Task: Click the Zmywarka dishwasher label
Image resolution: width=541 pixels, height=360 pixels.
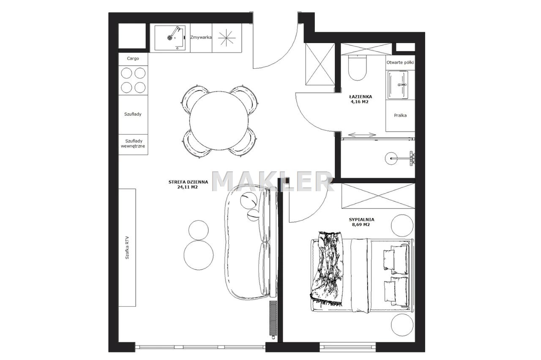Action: click(x=201, y=38)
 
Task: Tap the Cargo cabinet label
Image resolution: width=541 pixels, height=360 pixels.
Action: click(x=133, y=58)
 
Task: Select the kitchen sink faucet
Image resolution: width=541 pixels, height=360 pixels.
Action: click(x=175, y=33)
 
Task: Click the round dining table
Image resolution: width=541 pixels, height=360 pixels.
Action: click(x=219, y=121)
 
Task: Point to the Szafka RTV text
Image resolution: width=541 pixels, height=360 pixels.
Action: click(x=127, y=248)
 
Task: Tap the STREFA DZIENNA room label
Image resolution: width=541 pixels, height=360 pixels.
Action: click(x=188, y=182)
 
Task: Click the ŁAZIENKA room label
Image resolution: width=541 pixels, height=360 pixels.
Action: click(x=361, y=97)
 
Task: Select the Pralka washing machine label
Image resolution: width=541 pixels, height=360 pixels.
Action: click(x=400, y=115)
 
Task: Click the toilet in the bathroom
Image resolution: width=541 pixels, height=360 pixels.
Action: click(x=358, y=68)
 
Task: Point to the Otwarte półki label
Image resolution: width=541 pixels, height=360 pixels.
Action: click(x=400, y=62)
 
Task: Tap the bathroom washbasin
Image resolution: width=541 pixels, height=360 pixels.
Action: click(x=398, y=85)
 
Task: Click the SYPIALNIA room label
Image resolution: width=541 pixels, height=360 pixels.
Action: click(x=361, y=219)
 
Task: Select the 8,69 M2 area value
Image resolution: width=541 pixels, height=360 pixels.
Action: click(x=360, y=225)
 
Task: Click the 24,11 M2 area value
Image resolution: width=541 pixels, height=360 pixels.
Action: click(x=187, y=187)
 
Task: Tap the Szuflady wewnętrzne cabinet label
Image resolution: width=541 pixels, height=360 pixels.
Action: click(x=133, y=143)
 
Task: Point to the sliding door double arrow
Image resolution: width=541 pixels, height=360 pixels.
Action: click(x=362, y=135)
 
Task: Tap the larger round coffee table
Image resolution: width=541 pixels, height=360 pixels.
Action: click(x=199, y=255)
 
